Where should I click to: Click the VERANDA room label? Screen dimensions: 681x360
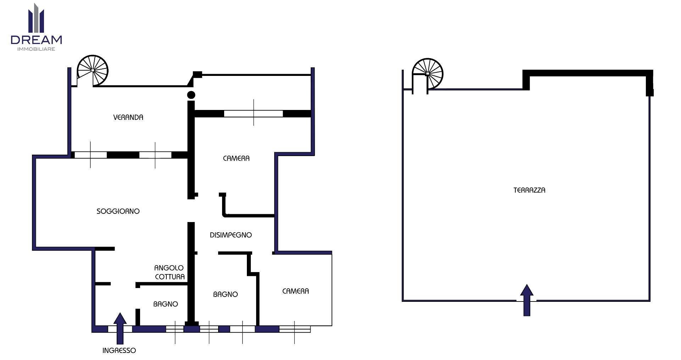(x=128, y=117)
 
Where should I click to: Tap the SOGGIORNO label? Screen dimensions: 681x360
(x=118, y=211)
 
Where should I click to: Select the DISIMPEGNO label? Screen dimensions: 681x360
(x=231, y=235)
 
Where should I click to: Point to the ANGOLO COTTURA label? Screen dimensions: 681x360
(x=170, y=272)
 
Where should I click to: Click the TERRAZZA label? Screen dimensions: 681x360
(x=529, y=190)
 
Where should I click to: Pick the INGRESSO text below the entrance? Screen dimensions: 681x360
(x=119, y=350)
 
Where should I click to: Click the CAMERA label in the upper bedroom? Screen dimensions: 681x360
(x=236, y=159)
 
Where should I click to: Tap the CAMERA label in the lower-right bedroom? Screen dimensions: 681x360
(x=295, y=291)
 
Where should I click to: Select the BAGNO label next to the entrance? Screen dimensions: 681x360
(x=166, y=304)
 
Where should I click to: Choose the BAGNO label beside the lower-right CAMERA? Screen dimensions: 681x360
(x=226, y=294)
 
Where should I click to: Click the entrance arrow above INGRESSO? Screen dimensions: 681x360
(x=120, y=328)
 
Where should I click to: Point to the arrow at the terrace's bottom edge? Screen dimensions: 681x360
(x=527, y=300)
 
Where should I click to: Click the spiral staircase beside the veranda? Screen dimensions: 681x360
(x=93, y=71)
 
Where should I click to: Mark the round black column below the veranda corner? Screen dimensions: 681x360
(x=191, y=95)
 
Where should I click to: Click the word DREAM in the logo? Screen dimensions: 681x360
(x=36, y=40)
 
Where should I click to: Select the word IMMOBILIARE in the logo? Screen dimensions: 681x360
(x=36, y=49)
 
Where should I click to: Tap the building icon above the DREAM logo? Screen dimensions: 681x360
(x=36, y=18)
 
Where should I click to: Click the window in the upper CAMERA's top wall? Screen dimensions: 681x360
(x=254, y=113)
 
